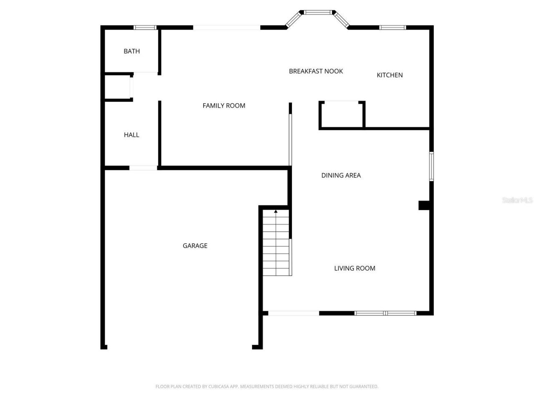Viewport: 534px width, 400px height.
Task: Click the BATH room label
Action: (x=131, y=51)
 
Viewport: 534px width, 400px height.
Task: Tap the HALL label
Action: (x=131, y=135)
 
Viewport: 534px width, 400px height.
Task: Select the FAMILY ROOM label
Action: (x=224, y=106)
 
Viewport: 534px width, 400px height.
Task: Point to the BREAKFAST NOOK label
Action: (x=316, y=71)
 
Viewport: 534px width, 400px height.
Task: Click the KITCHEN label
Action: (x=390, y=75)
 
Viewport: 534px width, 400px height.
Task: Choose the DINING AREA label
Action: (x=341, y=175)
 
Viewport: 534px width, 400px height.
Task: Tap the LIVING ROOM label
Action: (x=355, y=268)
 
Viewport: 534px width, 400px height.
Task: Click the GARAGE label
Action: (x=195, y=246)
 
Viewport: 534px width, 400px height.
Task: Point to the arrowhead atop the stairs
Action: (x=276, y=212)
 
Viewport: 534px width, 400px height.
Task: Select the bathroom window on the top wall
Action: (x=145, y=28)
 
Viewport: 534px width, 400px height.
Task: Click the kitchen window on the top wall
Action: (x=392, y=28)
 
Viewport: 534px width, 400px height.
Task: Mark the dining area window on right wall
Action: (x=431, y=167)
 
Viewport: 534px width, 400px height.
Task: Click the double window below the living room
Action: (x=385, y=313)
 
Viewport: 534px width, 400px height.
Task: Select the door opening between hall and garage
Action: (x=143, y=168)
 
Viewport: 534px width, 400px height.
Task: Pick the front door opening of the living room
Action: (x=294, y=313)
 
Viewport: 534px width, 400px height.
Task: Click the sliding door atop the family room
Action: (x=227, y=28)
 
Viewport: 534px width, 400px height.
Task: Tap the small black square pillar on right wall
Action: (x=424, y=205)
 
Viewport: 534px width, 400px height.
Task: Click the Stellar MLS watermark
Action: (x=517, y=200)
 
